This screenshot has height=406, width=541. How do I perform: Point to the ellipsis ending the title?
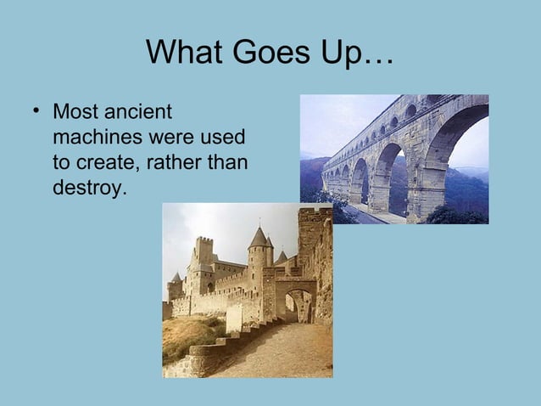[377, 59]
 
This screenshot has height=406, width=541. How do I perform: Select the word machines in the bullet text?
[92, 137]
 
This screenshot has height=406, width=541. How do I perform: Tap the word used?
[222, 137]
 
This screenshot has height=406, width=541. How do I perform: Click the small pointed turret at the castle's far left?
[176, 278]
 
